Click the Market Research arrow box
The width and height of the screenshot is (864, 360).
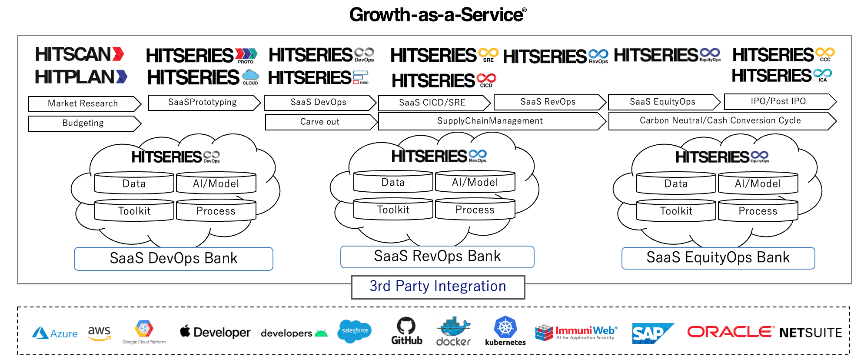point(84,104)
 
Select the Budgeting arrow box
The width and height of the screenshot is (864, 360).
point(84,123)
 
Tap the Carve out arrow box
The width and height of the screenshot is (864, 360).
point(320,122)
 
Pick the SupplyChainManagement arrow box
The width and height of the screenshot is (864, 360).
point(491,121)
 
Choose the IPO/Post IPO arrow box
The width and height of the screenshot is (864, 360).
point(779,102)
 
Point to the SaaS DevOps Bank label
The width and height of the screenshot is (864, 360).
point(173,259)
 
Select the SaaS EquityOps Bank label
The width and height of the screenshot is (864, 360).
point(718,258)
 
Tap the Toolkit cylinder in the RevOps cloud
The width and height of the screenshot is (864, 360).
point(393,209)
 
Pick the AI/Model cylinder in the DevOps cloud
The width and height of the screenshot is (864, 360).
point(216,183)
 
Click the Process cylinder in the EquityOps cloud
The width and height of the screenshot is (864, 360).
point(758,210)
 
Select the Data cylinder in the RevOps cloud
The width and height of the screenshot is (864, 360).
point(393,182)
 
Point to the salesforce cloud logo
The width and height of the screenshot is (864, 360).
point(355,331)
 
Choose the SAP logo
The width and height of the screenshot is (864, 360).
point(651,333)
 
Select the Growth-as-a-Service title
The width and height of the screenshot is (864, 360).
point(438,15)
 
